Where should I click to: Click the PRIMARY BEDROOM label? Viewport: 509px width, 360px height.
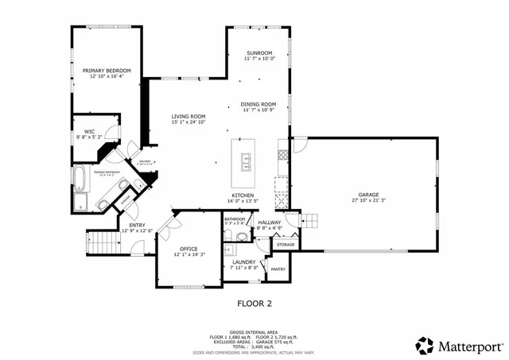click(x=107, y=71)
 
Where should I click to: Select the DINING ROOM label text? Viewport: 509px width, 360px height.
click(x=259, y=104)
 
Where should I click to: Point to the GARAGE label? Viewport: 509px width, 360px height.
click(x=367, y=195)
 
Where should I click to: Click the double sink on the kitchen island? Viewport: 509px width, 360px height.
click(x=247, y=163)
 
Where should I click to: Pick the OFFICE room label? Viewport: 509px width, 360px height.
click(x=188, y=249)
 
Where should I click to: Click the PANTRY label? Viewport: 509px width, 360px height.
click(x=278, y=269)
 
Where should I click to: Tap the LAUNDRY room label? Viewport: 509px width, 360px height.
click(x=243, y=261)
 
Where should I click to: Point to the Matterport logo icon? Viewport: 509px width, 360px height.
click(x=424, y=345)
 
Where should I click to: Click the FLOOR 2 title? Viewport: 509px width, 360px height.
click(x=254, y=303)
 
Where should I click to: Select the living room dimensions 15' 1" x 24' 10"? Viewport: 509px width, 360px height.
click(x=188, y=122)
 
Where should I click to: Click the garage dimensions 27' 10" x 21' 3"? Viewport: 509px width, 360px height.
click(x=367, y=200)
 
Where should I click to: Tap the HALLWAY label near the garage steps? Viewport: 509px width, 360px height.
click(x=269, y=223)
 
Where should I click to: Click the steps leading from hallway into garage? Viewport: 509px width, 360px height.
click(x=311, y=219)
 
